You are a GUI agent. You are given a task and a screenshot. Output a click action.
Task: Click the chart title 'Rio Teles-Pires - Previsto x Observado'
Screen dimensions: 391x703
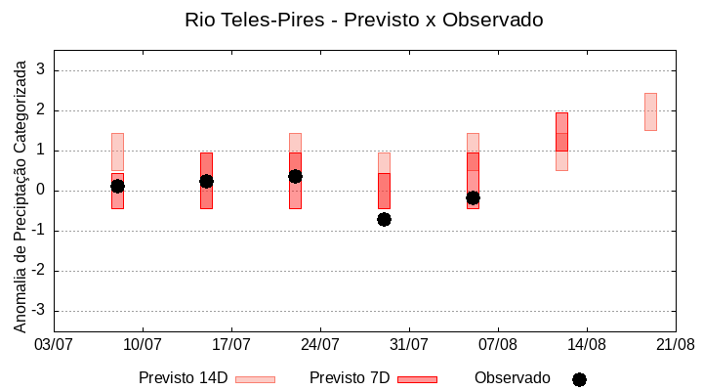[363, 20]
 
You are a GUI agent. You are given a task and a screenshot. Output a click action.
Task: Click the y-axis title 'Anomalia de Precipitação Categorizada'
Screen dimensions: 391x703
[21, 195]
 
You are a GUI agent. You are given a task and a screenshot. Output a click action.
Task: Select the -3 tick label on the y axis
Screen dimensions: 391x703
[39, 311]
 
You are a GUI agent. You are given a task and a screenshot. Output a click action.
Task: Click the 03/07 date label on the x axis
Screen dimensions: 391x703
[54, 345]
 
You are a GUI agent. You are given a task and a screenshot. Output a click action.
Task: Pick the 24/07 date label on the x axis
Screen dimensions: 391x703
[320, 345]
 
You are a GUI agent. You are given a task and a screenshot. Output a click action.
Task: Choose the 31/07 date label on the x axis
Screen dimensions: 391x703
[409, 345]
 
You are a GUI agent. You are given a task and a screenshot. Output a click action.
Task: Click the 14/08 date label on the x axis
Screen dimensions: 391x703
[587, 345]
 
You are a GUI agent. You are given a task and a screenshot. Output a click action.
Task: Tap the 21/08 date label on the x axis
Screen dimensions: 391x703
[675, 345]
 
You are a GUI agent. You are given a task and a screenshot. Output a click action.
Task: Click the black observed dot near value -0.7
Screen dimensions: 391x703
[385, 219]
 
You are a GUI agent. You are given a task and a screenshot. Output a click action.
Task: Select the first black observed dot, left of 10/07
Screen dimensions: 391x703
[117, 186]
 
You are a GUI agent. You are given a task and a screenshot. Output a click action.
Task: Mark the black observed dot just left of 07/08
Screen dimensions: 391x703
[473, 197]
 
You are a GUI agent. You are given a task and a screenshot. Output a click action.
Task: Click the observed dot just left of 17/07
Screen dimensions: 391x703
[206, 181]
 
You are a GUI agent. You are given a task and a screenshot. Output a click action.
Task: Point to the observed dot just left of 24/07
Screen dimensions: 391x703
[295, 176]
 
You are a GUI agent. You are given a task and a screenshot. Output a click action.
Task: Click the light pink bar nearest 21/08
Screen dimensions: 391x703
[650, 111]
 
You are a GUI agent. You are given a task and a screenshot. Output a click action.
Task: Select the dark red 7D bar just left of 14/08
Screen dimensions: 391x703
[561, 132]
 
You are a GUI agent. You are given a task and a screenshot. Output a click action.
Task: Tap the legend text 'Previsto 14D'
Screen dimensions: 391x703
[183, 378]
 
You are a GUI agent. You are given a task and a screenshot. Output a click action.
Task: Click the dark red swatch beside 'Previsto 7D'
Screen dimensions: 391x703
[417, 379]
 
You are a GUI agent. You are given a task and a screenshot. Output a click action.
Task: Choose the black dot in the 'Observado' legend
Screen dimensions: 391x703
[579, 379]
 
